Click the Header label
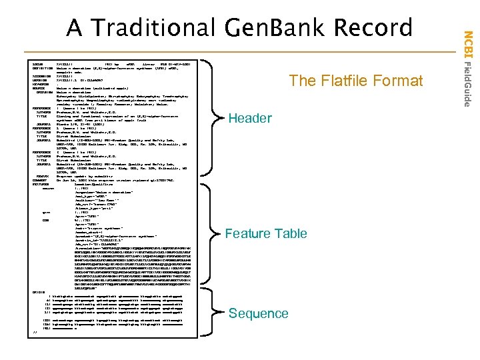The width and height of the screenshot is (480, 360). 250,119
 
